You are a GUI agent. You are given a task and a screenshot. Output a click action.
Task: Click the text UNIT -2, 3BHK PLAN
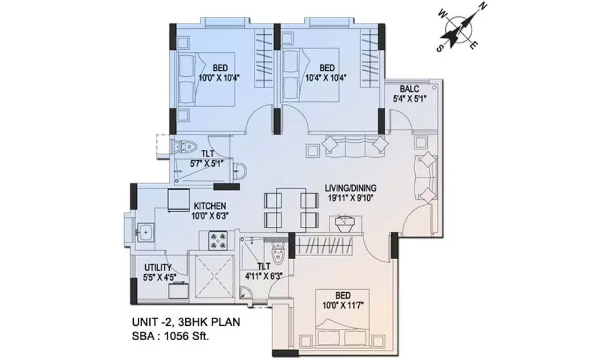pyautogui.click(x=186, y=322)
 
